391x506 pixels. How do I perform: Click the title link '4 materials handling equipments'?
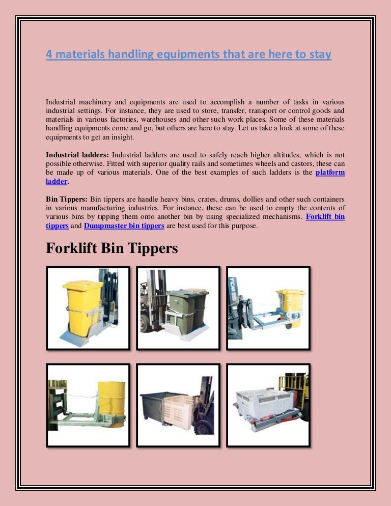point(188,54)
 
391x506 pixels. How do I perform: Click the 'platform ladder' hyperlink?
point(330,173)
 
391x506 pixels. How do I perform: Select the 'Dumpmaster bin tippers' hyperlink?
point(124,226)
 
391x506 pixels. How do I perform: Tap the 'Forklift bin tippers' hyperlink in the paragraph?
point(325,217)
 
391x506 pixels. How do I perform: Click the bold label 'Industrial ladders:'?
point(77,154)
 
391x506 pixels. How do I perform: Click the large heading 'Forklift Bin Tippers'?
point(112,249)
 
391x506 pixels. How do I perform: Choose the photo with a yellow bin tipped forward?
point(268,308)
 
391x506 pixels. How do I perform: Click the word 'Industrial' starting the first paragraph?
point(63,101)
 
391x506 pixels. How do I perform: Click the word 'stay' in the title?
point(320,54)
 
